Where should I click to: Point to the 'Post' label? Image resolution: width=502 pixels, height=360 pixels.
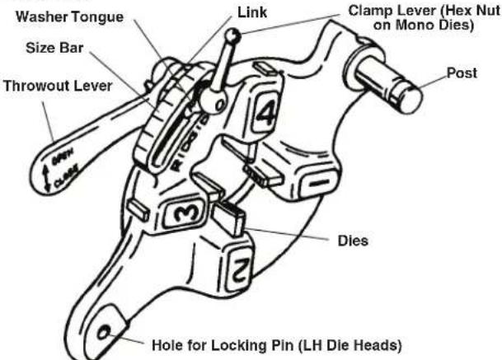(462, 72)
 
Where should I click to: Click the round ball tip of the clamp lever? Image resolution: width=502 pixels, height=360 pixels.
(234, 36)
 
